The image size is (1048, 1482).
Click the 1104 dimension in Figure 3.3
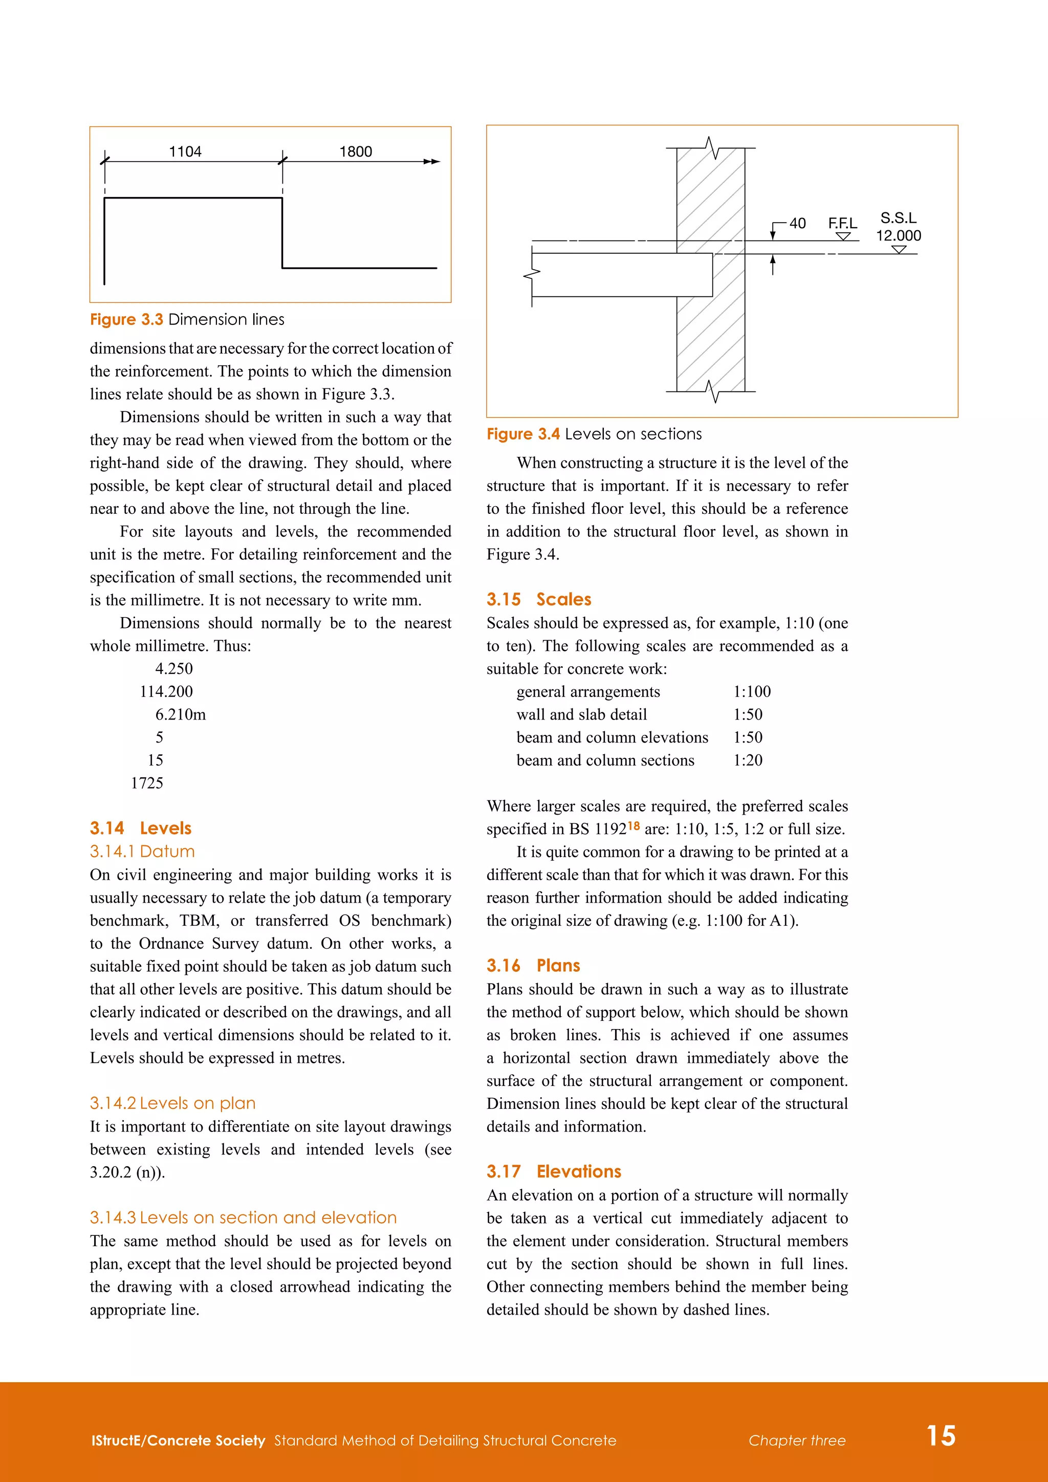click(185, 151)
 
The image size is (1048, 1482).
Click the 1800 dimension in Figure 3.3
click(356, 151)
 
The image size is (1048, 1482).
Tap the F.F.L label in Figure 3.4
click(842, 223)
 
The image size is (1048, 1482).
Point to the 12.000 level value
click(898, 235)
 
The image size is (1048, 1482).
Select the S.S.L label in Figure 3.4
click(898, 218)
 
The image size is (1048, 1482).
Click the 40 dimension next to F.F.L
click(798, 223)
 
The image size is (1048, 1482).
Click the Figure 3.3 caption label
click(126, 319)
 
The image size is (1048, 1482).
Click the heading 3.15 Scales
click(539, 599)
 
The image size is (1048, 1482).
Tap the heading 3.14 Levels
click(141, 828)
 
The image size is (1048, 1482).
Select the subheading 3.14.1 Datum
click(142, 852)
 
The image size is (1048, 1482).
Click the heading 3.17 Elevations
click(554, 1171)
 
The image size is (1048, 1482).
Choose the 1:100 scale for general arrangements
click(752, 692)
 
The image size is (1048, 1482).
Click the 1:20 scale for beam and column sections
click(748, 760)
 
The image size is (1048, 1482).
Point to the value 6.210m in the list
click(180, 714)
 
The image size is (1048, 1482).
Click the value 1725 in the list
click(147, 783)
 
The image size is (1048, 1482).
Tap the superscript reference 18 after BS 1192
click(634, 825)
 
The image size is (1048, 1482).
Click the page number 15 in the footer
click(941, 1436)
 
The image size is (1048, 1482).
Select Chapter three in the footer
click(797, 1441)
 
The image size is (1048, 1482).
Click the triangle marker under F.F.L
click(843, 236)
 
